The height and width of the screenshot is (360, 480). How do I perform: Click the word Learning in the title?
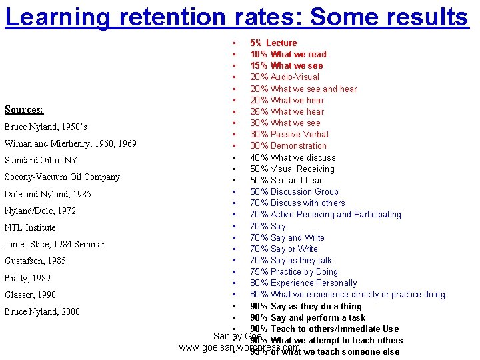(55, 16)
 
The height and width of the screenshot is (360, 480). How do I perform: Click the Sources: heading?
(24, 109)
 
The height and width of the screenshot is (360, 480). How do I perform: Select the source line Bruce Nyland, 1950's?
(45, 127)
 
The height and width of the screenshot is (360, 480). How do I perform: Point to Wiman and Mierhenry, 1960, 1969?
(70, 143)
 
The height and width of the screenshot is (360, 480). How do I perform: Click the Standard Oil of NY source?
(41, 160)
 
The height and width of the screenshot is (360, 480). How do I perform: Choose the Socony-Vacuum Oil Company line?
(62, 177)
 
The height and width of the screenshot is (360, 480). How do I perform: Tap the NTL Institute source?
(30, 227)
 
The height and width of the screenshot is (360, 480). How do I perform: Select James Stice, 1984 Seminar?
(55, 244)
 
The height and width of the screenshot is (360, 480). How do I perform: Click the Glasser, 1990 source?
(30, 295)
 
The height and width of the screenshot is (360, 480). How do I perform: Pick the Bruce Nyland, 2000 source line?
(42, 311)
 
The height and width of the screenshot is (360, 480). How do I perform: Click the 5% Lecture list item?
(273, 43)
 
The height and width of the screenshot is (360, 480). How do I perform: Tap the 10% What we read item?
(288, 54)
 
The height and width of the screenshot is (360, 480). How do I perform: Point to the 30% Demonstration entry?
(288, 145)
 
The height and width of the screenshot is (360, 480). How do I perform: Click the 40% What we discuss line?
(293, 157)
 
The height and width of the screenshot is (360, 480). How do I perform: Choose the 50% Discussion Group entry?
(294, 191)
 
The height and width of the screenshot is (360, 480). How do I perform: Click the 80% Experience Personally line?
(303, 283)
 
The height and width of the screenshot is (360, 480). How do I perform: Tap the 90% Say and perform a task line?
(307, 317)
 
